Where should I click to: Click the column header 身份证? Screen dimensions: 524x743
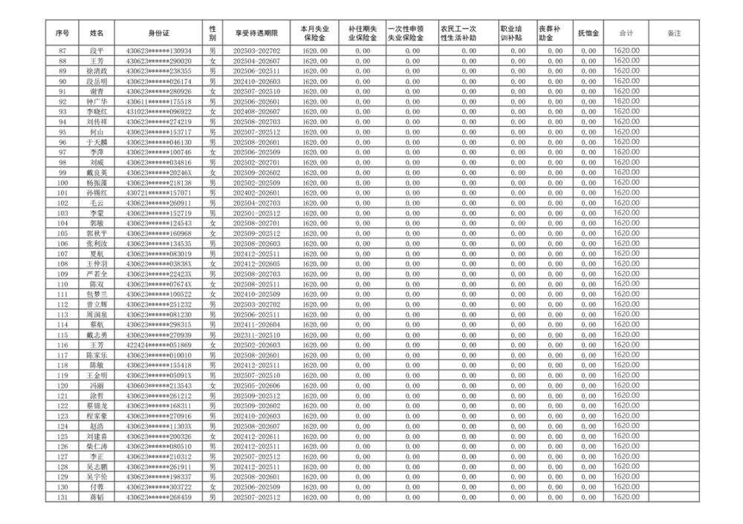click(x=159, y=33)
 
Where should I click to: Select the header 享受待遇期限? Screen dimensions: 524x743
click(x=256, y=33)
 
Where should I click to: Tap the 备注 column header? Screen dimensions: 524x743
click(x=675, y=33)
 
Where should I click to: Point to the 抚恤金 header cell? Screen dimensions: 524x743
click(x=589, y=33)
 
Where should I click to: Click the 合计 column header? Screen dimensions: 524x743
click(x=626, y=33)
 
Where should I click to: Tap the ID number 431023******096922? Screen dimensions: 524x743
click(x=159, y=111)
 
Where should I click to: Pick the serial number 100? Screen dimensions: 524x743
click(x=62, y=182)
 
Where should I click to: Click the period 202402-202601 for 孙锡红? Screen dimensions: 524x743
click(x=256, y=192)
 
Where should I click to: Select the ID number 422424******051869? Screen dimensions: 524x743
click(x=159, y=345)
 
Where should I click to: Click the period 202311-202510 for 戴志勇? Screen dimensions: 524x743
click(x=256, y=335)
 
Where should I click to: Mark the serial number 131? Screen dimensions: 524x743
click(x=62, y=497)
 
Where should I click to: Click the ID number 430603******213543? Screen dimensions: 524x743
click(x=159, y=385)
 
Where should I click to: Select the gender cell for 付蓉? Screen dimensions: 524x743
click(x=212, y=487)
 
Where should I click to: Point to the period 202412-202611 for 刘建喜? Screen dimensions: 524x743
click(x=256, y=436)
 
